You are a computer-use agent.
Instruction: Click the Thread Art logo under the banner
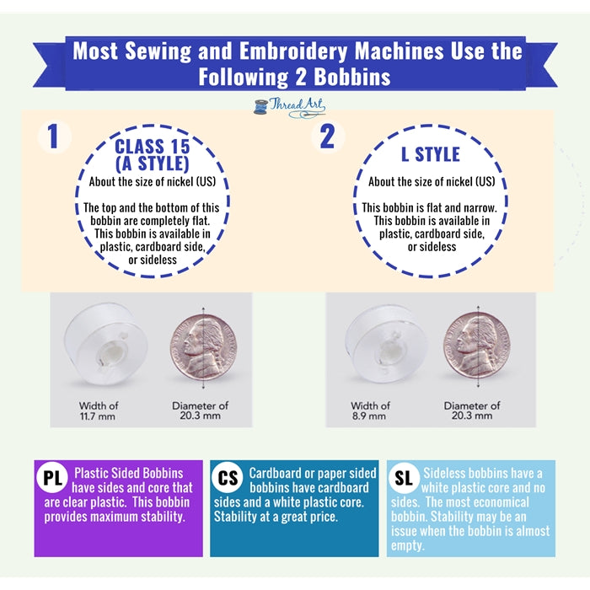(290, 108)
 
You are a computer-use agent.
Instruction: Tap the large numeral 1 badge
(54, 137)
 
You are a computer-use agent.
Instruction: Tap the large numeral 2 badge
(327, 137)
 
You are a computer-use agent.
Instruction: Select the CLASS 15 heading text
(152, 147)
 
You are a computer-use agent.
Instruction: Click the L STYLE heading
(431, 154)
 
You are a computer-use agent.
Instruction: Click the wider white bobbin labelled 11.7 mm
(105, 344)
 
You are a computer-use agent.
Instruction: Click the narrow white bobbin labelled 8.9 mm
(385, 344)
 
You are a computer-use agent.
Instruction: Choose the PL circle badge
(52, 478)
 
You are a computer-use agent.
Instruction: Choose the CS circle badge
(228, 478)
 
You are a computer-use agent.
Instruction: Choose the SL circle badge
(404, 478)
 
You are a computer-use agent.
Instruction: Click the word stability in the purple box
(163, 517)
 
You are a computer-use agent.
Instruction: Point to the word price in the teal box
(320, 517)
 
